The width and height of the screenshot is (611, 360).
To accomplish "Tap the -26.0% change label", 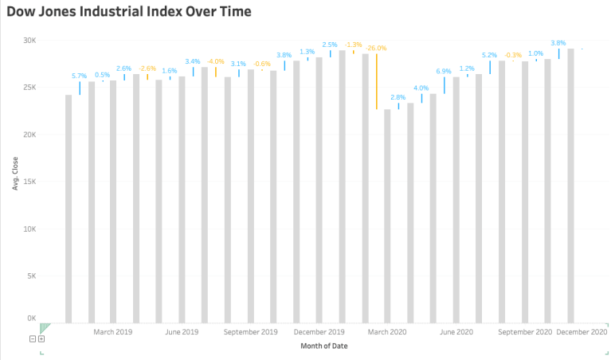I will click(x=376, y=48).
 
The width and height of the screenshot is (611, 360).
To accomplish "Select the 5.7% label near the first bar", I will click(x=79, y=76).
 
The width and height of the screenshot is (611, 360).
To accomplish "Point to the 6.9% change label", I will click(x=444, y=72).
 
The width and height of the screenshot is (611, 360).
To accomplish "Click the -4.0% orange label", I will click(x=215, y=61).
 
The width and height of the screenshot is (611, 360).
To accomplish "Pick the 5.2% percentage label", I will click(x=489, y=55).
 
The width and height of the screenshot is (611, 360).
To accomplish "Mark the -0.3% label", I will click(x=513, y=54).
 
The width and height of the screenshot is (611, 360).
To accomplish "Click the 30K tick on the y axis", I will click(x=29, y=40).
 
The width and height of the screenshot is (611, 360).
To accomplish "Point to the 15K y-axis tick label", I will click(x=29, y=182).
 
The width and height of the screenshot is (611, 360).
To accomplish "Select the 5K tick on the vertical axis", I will click(x=31, y=276).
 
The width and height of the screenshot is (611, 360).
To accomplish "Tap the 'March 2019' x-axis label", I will click(x=113, y=331).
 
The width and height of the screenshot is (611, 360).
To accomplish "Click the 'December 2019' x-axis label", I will click(x=319, y=331).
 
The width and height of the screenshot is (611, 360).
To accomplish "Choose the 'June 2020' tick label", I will click(x=456, y=331).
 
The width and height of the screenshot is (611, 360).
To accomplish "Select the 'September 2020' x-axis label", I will click(x=525, y=331).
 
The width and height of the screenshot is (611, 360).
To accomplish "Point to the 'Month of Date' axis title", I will click(x=323, y=346).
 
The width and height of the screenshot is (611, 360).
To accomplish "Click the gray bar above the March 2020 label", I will click(x=388, y=215).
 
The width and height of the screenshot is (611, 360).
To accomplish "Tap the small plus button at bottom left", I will click(x=41, y=338).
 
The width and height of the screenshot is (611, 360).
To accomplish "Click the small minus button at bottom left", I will click(x=33, y=338).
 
